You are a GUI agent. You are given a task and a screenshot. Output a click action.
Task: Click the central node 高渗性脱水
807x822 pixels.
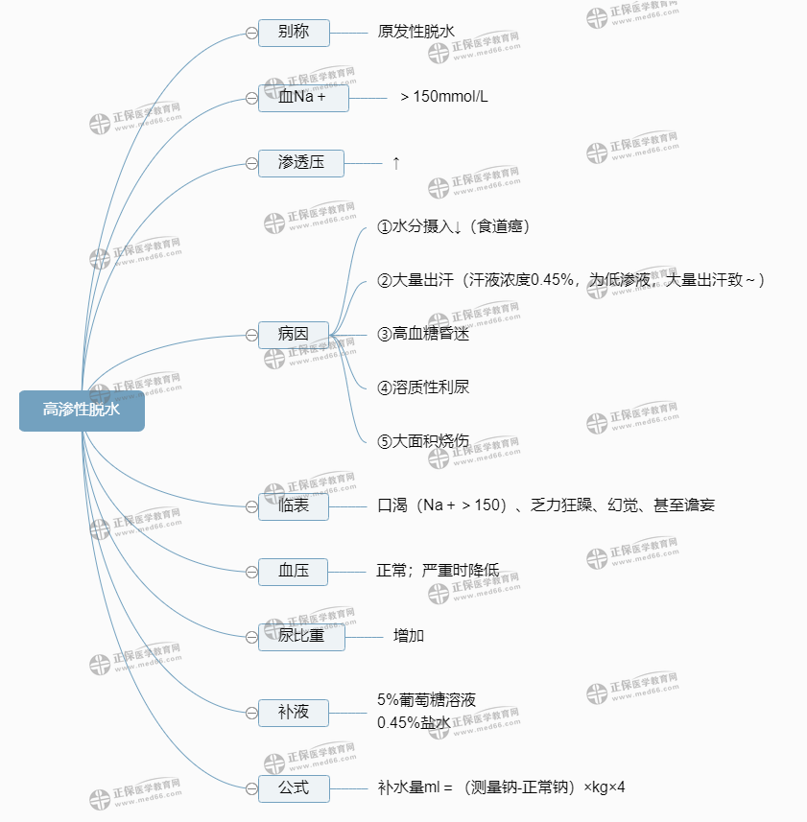pos(82,411)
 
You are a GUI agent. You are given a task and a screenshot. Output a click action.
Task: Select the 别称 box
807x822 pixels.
pos(294,33)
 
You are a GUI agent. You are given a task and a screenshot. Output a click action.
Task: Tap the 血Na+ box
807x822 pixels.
pos(303,97)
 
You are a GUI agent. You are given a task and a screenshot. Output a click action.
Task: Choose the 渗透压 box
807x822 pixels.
pos(300,163)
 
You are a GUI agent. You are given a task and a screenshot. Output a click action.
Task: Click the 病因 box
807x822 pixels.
pos(294,335)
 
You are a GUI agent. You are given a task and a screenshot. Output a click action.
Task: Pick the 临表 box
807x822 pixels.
pos(294,505)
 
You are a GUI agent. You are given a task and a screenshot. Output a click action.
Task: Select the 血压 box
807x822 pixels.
pos(294,572)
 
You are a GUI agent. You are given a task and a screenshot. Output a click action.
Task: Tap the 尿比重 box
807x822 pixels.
pos(300,636)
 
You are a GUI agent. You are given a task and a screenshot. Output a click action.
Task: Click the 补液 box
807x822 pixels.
pos(294,713)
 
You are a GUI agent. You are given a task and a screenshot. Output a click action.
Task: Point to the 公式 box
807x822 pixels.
pos(294,788)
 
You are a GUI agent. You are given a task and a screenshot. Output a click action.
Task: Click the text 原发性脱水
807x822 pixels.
pos(416,32)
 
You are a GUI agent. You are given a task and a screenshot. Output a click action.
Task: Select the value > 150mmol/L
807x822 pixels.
pos(443,97)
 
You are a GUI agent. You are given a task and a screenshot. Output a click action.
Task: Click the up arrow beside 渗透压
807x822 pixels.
pos(395,163)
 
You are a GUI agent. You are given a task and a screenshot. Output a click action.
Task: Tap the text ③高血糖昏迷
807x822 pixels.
pos(423,335)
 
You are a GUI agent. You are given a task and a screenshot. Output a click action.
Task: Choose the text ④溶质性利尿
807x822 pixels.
pos(423,388)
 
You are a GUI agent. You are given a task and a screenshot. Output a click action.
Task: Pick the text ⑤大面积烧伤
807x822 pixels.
pos(423,441)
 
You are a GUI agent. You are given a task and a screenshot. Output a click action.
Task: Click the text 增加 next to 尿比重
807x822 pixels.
pos(409,635)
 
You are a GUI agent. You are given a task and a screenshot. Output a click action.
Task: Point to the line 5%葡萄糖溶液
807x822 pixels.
pos(426,700)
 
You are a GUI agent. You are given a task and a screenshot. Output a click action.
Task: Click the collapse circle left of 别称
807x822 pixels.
pos(251,33)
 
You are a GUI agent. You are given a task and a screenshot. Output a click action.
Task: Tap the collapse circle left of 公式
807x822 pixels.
pos(251,788)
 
